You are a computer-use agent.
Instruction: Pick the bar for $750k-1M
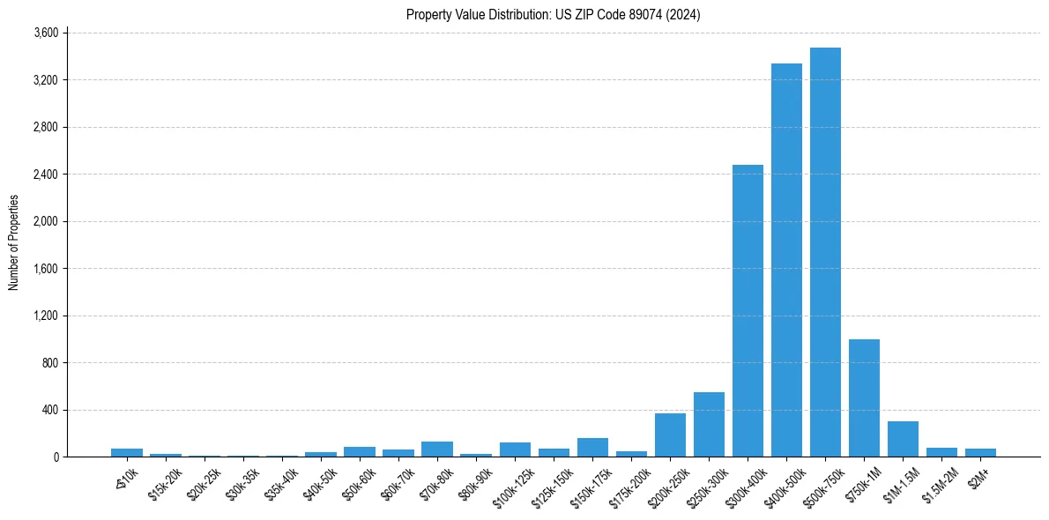point(864,398)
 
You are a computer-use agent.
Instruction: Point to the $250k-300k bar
point(709,425)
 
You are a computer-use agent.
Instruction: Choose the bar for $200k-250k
point(670,435)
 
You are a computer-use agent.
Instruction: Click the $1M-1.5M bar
point(903,439)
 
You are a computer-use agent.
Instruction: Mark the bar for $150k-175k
point(592,448)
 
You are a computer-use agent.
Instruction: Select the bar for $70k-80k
point(437,449)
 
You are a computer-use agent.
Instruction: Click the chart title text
point(553,14)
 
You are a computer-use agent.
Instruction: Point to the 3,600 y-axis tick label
point(45,33)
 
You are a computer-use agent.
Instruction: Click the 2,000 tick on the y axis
point(45,221)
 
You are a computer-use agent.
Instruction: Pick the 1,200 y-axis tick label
point(45,316)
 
